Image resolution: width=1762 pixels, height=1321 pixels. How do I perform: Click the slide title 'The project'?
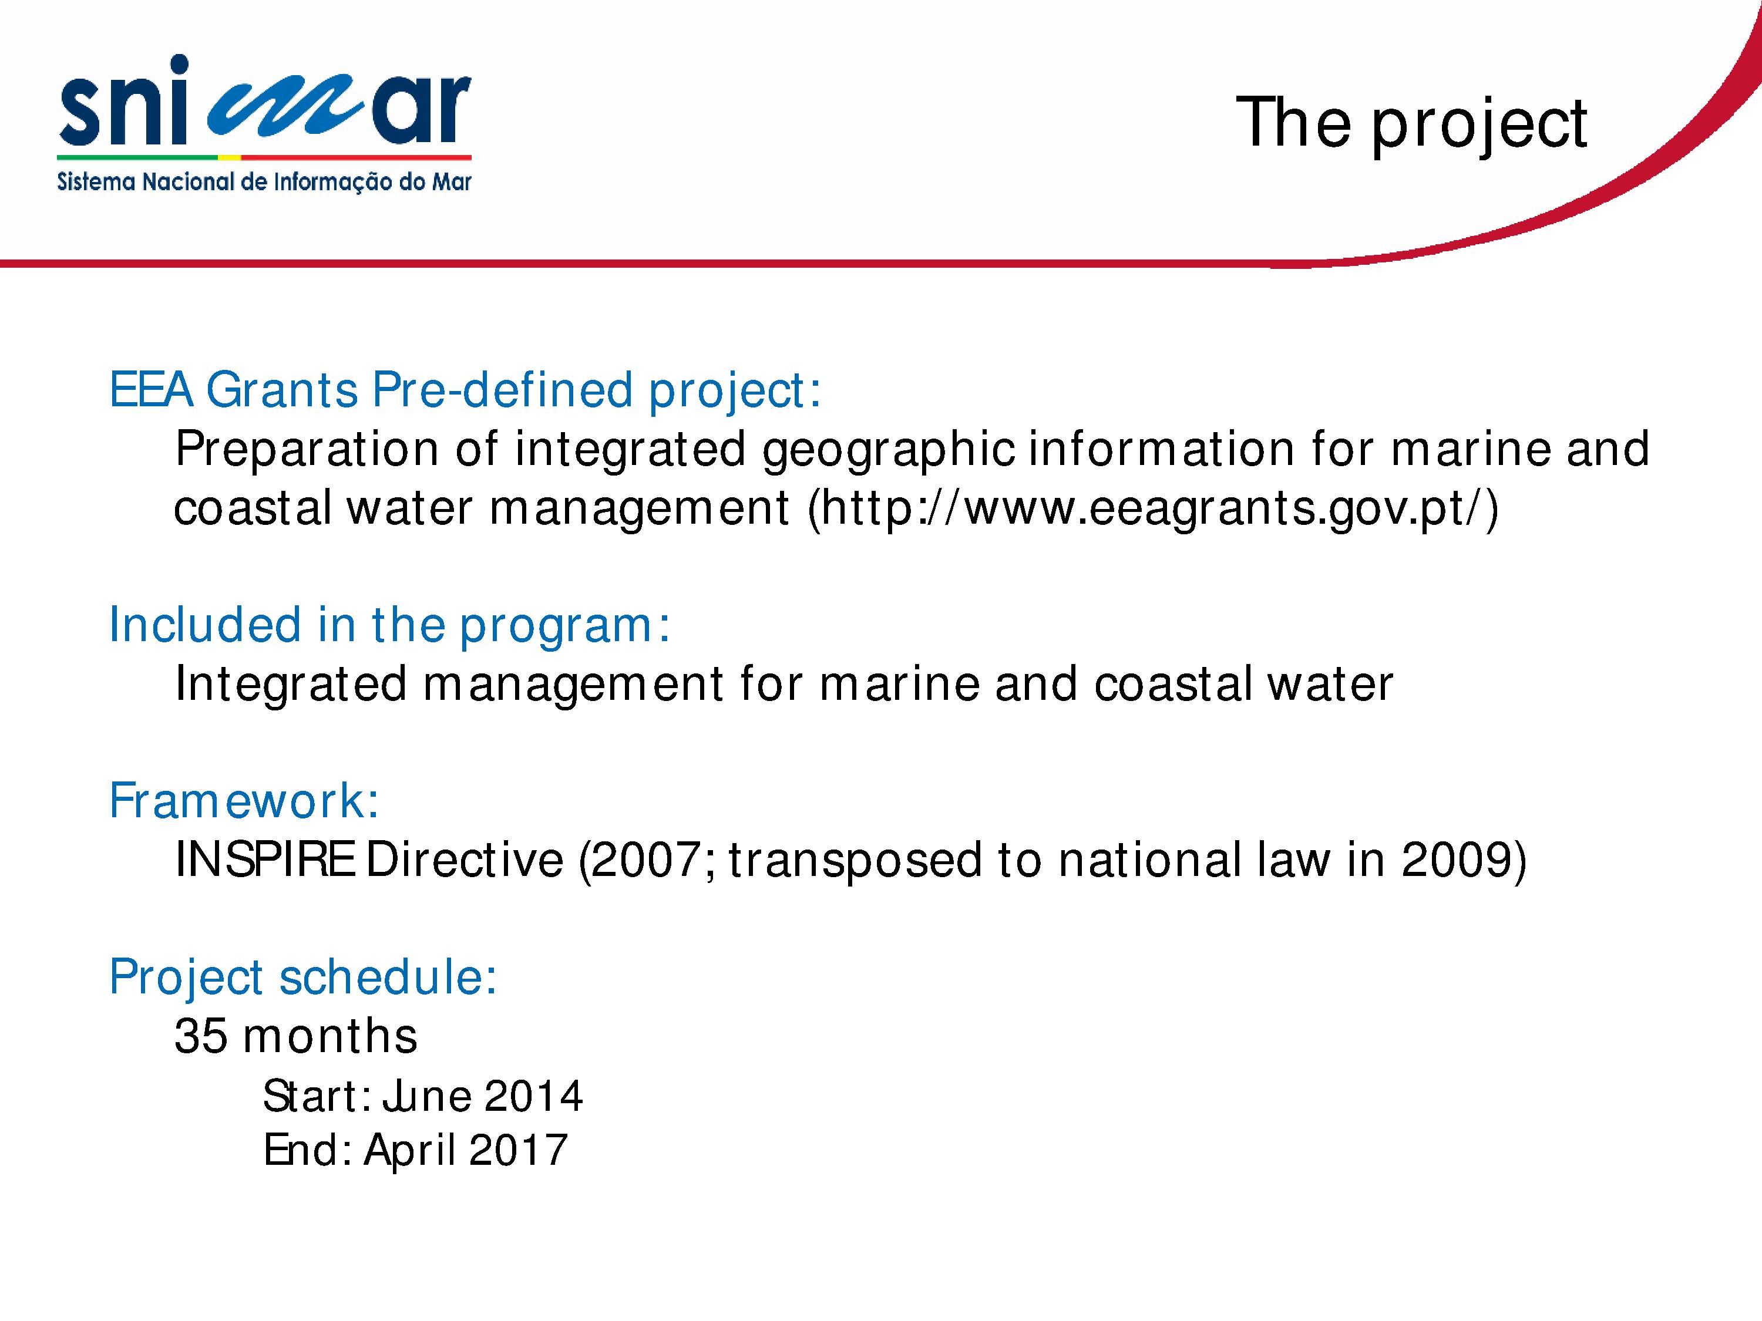pos(1411,123)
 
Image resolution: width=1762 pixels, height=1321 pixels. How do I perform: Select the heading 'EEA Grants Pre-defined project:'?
pos(465,390)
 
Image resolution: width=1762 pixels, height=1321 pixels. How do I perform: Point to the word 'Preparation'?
pos(306,449)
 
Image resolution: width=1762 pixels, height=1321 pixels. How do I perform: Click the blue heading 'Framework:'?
pos(244,800)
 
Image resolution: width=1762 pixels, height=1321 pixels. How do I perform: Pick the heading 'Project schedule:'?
pos(302,978)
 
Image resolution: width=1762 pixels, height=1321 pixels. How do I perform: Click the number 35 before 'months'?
pos(201,1036)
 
